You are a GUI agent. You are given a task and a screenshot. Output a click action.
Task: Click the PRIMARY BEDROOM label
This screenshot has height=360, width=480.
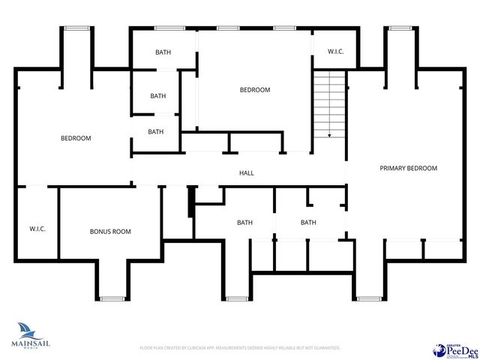point(407,169)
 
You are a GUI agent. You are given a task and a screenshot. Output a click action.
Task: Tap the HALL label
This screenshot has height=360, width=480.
point(246,173)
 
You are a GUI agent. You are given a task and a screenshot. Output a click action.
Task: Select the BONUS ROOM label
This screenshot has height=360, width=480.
point(110,232)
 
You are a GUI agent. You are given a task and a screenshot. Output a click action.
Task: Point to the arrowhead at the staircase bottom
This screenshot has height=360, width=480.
point(329,136)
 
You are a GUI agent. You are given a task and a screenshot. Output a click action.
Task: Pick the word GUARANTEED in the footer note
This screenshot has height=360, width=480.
point(324,348)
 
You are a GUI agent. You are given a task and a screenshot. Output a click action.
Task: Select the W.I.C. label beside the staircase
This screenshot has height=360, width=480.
point(335,52)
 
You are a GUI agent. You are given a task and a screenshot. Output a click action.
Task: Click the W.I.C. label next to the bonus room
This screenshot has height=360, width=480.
point(37,229)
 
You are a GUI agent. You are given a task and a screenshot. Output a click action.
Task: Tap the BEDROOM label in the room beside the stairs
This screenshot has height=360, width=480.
point(254,90)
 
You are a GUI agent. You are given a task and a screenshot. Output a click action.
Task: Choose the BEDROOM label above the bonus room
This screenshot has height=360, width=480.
point(76,138)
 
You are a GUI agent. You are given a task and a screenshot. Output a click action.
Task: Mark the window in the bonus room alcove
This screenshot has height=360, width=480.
point(112,298)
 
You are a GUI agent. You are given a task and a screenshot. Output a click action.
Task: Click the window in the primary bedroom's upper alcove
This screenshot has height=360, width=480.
point(400,28)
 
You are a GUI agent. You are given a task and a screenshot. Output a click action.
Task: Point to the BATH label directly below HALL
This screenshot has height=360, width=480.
point(244,223)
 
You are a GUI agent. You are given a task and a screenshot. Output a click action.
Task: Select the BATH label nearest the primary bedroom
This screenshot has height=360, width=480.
point(308,223)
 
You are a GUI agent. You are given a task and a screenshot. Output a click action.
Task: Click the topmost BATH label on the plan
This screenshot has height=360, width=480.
point(163,52)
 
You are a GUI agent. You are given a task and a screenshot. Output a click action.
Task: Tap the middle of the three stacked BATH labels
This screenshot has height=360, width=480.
point(157,96)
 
